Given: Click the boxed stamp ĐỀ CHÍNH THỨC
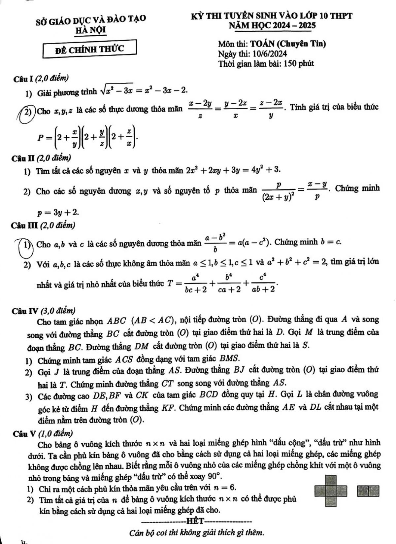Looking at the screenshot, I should click(x=89, y=49).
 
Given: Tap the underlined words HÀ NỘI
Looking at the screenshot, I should click(x=91, y=30).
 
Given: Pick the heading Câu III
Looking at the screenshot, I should click(x=24, y=225).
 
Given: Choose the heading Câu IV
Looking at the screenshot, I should click(x=25, y=311).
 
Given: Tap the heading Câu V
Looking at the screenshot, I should click(x=23, y=433).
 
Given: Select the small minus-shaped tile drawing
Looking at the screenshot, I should click(x=368, y=491).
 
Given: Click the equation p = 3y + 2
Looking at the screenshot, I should click(x=58, y=212).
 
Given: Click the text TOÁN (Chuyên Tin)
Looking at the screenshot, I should click(x=288, y=44).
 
